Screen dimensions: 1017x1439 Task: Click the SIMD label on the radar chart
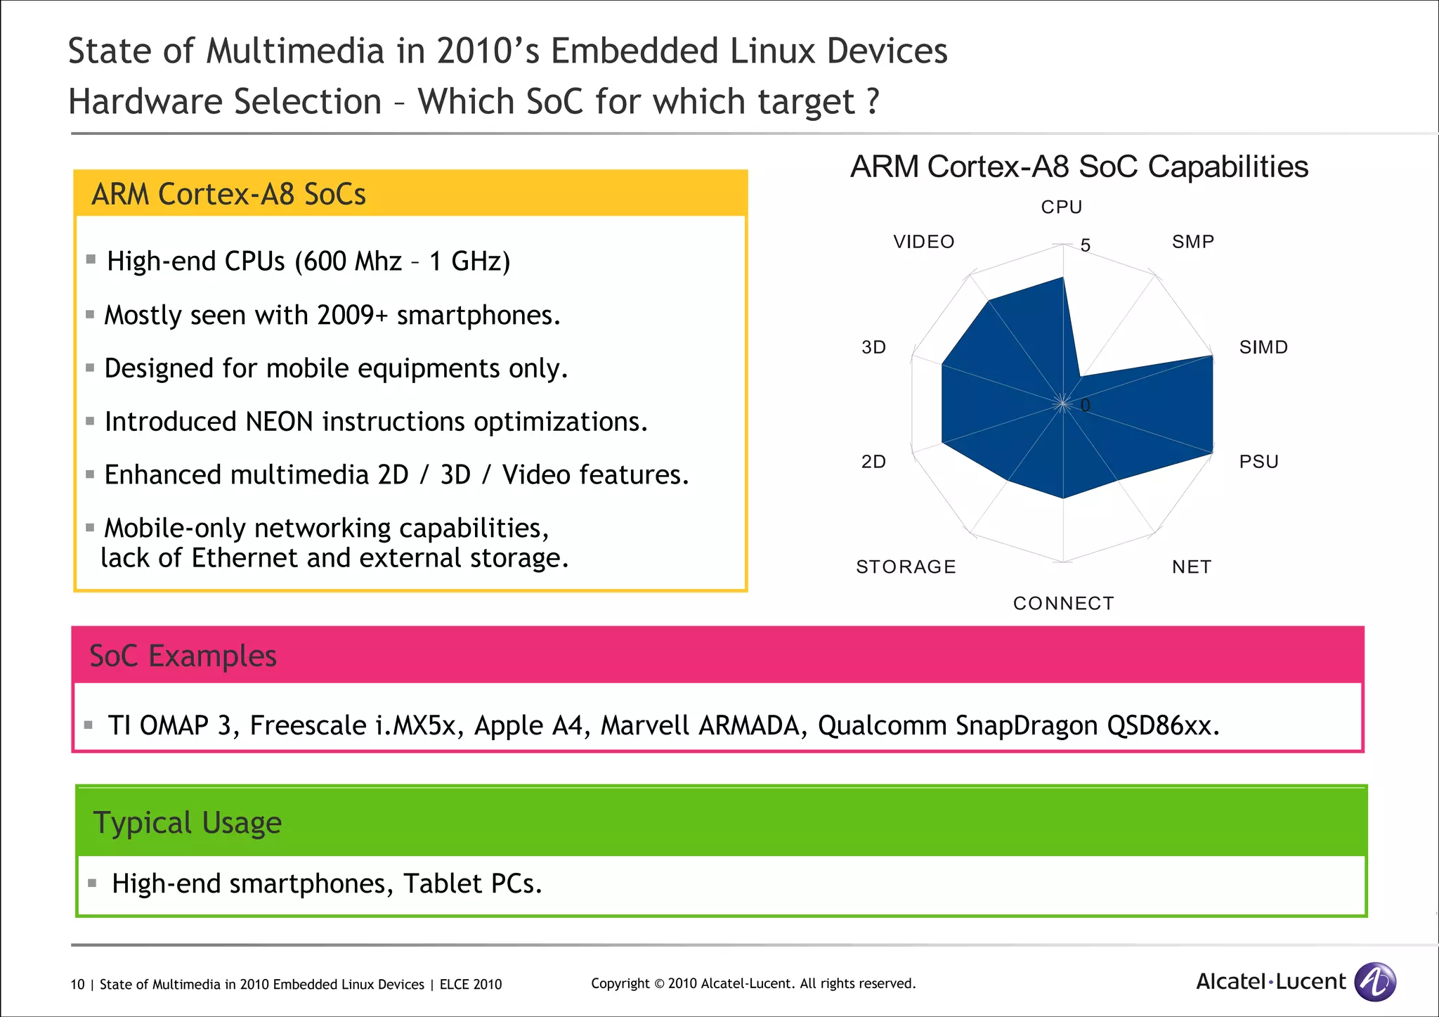pyautogui.click(x=1263, y=347)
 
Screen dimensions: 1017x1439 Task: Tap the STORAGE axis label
pyautogui.click(x=906, y=566)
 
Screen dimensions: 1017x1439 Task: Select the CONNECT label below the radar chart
pyautogui.click(x=1063, y=603)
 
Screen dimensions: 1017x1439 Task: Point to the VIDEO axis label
pyautogui.click(x=923, y=242)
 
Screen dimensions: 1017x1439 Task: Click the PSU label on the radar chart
pyautogui.click(x=1258, y=462)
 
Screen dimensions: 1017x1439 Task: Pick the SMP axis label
pyautogui.click(x=1192, y=242)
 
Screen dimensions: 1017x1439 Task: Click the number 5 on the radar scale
pyautogui.click(x=1086, y=245)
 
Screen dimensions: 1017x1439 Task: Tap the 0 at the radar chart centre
pyautogui.click(x=1085, y=406)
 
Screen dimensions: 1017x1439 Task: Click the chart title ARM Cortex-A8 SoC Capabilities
pyautogui.click(x=1079, y=167)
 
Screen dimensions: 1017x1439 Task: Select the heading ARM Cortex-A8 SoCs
pyautogui.click(x=228, y=194)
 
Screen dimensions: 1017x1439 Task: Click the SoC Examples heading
pyautogui.click(x=183, y=656)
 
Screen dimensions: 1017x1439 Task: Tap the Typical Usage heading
pyautogui.click(x=187, y=822)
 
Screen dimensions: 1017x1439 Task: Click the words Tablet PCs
pyautogui.click(x=472, y=883)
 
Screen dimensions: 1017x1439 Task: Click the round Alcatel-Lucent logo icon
pyautogui.click(x=1375, y=981)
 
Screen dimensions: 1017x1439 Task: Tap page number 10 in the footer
pyautogui.click(x=77, y=984)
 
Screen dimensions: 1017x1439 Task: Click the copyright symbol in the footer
pyautogui.click(x=658, y=983)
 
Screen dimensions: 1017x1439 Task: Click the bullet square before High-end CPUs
pyautogui.click(x=91, y=259)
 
